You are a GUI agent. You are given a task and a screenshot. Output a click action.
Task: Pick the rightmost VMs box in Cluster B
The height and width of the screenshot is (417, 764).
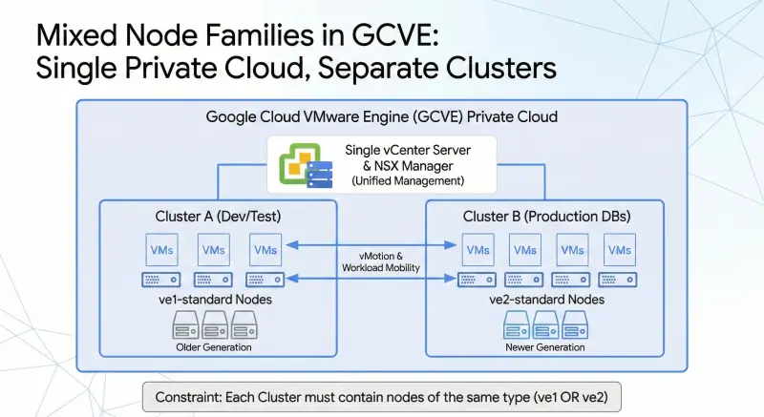[620, 250]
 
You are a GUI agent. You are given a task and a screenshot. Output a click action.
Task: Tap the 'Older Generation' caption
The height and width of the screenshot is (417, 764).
[215, 347]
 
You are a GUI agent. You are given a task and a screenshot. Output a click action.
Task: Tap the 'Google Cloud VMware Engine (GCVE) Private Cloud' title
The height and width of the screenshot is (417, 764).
[382, 116]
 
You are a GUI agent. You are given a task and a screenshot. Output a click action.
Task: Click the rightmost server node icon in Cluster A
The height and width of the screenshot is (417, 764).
[264, 280]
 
